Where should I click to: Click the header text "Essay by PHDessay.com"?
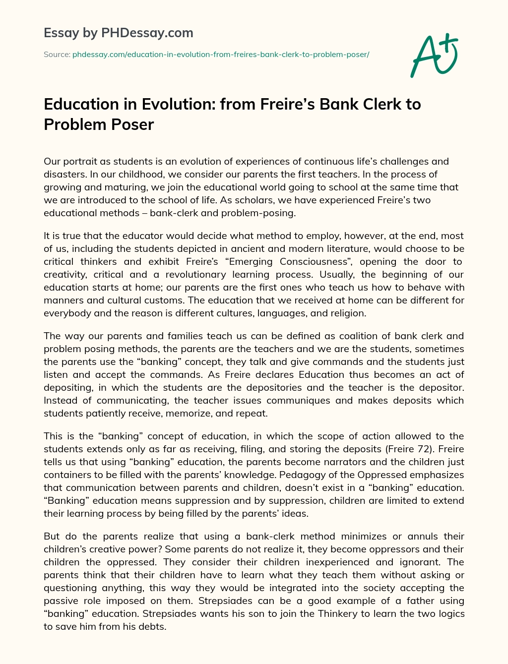[119, 33]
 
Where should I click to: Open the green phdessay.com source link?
[221, 54]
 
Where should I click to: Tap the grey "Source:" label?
[57, 54]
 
